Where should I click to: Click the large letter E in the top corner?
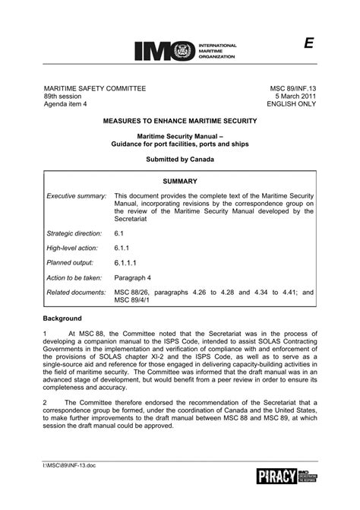(x=309, y=44)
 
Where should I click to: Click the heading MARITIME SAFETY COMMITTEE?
(x=94, y=89)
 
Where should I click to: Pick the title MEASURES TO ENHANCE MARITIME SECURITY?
(x=180, y=122)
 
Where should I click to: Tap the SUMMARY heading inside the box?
(x=180, y=182)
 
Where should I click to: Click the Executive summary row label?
(x=76, y=196)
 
